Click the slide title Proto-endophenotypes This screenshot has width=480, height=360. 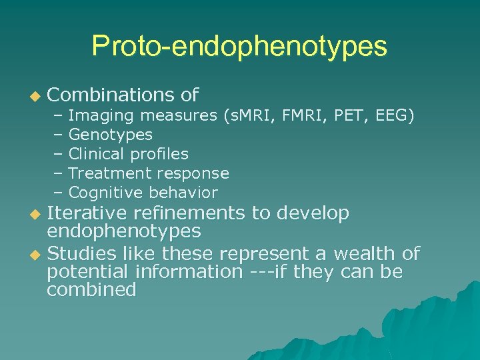239,45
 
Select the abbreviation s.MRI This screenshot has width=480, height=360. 249,116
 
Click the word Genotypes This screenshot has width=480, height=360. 111,135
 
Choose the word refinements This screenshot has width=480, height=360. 189,213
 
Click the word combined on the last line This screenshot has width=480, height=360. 91,290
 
